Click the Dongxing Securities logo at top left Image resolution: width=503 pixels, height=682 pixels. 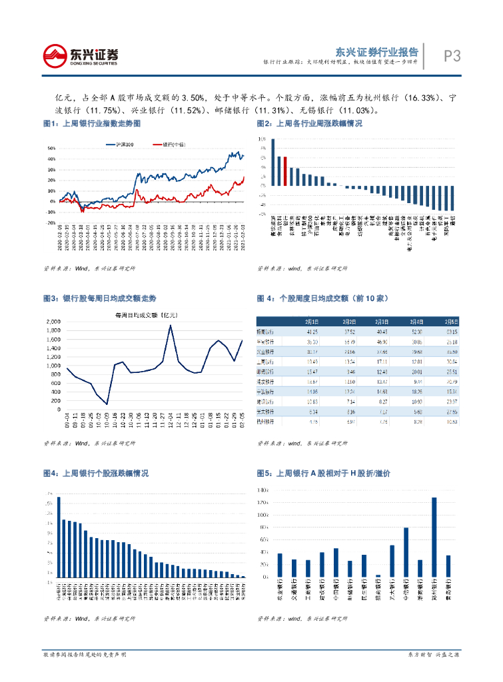(x=81, y=55)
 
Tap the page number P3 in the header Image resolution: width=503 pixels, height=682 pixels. (x=452, y=56)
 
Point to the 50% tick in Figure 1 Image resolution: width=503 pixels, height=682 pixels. (x=51, y=148)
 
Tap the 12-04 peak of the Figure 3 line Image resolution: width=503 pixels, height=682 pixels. (x=171, y=326)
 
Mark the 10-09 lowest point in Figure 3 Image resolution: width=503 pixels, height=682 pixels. (x=107, y=404)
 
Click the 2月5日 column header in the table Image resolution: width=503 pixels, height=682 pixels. (x=450, y=320)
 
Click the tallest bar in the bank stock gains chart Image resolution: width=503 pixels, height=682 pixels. (x=59, y=537)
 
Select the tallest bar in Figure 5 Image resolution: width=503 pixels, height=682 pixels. (x=434, y=537)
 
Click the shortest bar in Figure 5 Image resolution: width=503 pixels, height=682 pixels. (x=378, y=575)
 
